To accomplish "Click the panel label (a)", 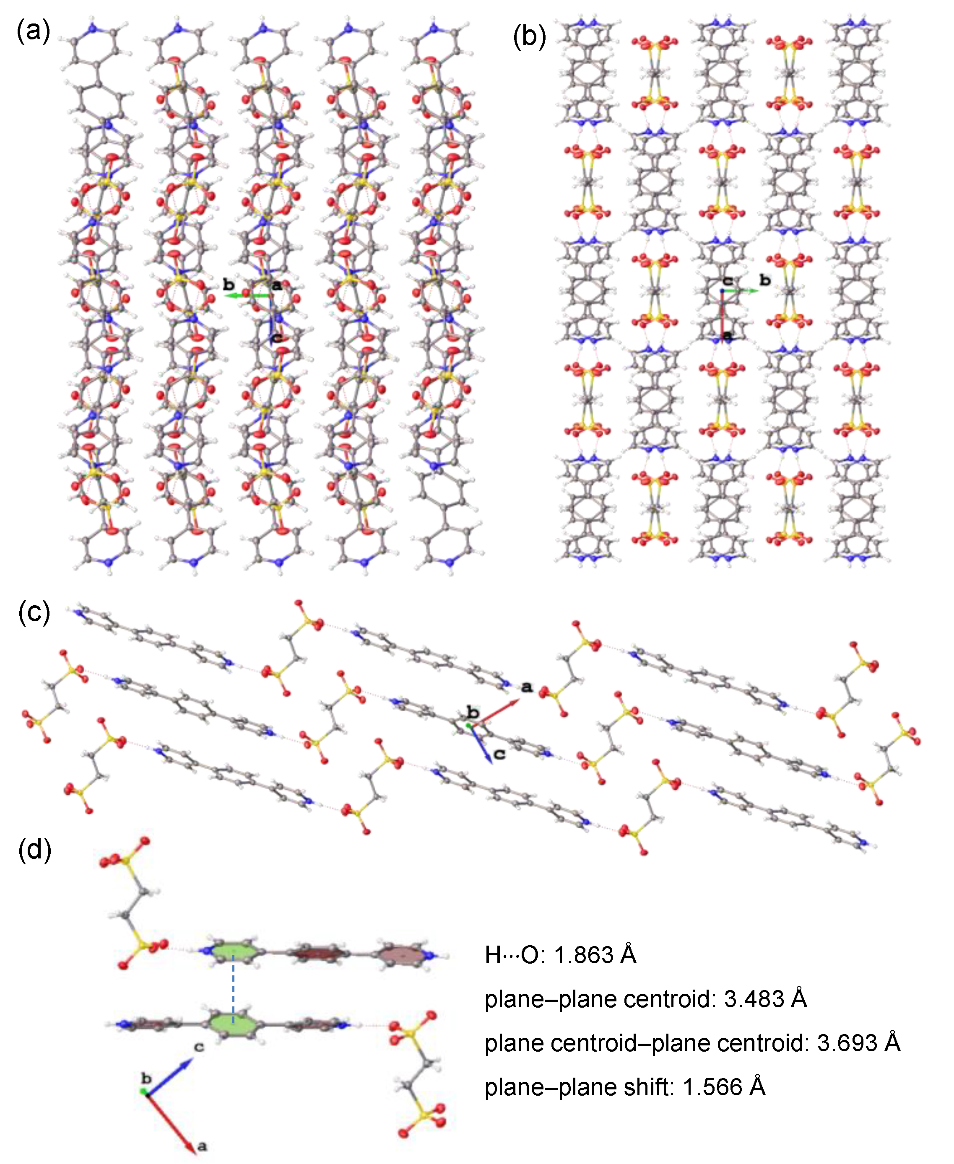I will tap(34, 31).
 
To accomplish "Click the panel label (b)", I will tap(529, 37).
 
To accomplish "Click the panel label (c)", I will tap(34, 612).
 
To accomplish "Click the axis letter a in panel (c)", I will tap(526, 687).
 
